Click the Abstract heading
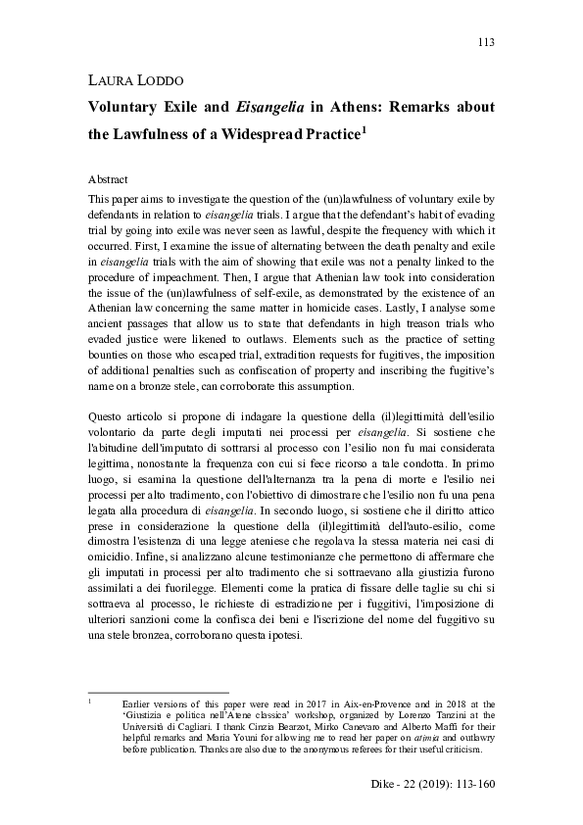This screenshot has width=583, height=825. (x=110, y=181)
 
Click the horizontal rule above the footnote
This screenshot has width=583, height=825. (x=157, y=692)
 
